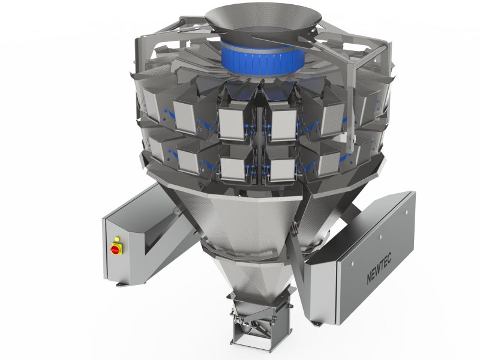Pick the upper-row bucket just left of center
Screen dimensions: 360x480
[234, 123]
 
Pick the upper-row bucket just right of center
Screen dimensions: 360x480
[282, 123]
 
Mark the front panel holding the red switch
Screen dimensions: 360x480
[116, 252]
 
